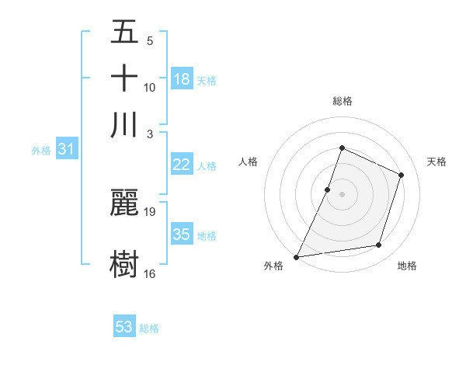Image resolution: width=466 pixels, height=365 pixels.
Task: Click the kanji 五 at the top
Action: pyautogui.click(x=124, y=33)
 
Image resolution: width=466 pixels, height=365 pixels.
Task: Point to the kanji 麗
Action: pyautogui.click(x=124, y=202)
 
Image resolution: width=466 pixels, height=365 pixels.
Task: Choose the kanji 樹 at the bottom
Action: pyautogui.click(x=124, y=264)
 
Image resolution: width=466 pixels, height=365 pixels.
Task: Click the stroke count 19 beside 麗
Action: pyautogui.click(x=150, y=211)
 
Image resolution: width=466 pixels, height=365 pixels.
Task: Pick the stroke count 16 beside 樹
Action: pyautogui.click(x=150, y=273)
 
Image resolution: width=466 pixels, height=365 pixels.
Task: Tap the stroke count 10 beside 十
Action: pyautogui.click(x=150, y=87)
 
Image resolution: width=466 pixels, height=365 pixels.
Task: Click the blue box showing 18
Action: pyautogui.click(x=181, y=78)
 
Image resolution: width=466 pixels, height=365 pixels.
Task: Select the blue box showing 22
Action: pyautogui.click(x=181, y=165)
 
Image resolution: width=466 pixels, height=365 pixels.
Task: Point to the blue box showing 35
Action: pyautogui.click(x=181, y=235)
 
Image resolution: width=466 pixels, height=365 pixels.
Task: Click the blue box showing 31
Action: pyautogui.click(x=66, y=150)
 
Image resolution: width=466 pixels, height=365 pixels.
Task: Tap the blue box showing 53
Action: pyautogui.click(x=124, y=327)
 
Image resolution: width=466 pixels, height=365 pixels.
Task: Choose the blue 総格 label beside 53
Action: pyautogui.click(x=149, y=328)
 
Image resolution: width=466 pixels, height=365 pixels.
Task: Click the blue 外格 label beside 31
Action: pyautogui.click(x=40, y=151)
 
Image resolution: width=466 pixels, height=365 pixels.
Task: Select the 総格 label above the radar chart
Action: pyautogui.click(x=342, y=101)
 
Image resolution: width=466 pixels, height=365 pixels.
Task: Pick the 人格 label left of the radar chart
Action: pyautogui.click(x=249, y=162)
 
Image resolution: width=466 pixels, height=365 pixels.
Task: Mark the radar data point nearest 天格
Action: pyautogui.click(x=402, y=175)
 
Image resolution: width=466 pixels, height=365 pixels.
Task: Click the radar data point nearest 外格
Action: pyautogui.click(x=297, y=256)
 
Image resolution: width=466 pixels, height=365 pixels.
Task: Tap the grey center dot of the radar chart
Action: pyautogui.click(x=342, y=193)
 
